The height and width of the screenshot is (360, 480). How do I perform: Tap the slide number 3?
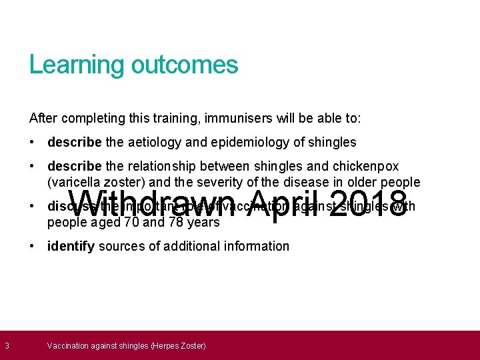click(x=7, y=345)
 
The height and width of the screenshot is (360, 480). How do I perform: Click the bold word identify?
click(x=71, y=246)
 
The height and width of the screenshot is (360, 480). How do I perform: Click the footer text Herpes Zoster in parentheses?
click(x=178, y=345)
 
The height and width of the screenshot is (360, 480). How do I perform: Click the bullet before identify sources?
click(x=33, y=246)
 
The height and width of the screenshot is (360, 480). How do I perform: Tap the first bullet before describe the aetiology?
click(x=33, y=142)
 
